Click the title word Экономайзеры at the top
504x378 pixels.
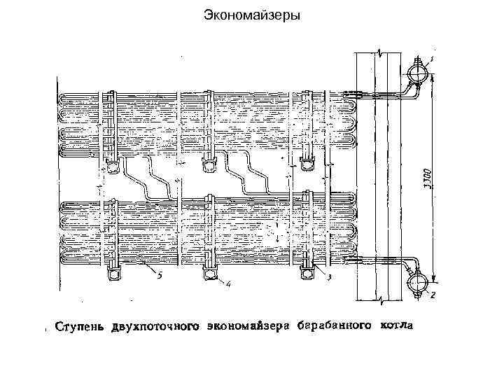(x=251, y=14)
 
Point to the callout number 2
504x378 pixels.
(x=433, y=295)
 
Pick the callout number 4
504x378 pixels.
(x=228, y=283)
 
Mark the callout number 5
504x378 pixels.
(x=160, y=275)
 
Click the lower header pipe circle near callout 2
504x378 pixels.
(x=416, y=283)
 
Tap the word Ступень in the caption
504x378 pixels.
(x=81, y=326)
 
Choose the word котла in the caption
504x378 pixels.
(x=396, y=326)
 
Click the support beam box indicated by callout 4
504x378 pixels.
(x=209, y=274)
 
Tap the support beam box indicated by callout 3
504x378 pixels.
(x=309, y=274)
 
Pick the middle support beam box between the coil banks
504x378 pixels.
(x=209, y=165)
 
